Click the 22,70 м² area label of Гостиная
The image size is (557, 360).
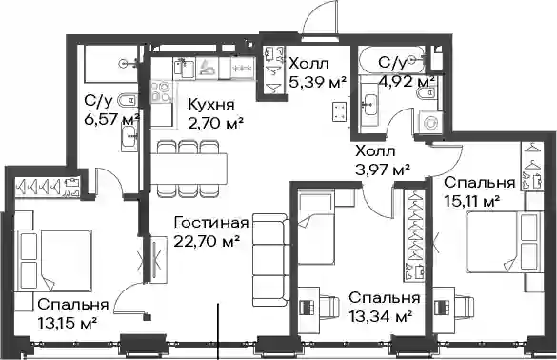(x=206, y=242)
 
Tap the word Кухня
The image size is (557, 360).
(x=211, y=105)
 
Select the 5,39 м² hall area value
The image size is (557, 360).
(x=317, y=83)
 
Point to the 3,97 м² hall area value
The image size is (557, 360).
(x=383, y=170)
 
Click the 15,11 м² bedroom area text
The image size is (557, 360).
(x=472, y=202)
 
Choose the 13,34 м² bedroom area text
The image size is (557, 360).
(x=381, y=315)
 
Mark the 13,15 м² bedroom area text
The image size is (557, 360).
(x=68, y=323)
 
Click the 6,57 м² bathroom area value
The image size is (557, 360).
(x=111, y=119)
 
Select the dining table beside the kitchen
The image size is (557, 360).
(x=189, y=168)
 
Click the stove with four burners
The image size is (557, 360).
(x=163, y=91)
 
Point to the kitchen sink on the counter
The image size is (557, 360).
(x=185, y=68)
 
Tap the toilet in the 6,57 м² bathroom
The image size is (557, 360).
(x=128, y=101)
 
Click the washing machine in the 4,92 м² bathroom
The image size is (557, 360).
(x=430, y=123)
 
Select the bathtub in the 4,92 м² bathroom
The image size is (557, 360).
(x=392, y=60)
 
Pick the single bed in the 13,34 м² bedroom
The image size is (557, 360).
(x=316, y=227)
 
